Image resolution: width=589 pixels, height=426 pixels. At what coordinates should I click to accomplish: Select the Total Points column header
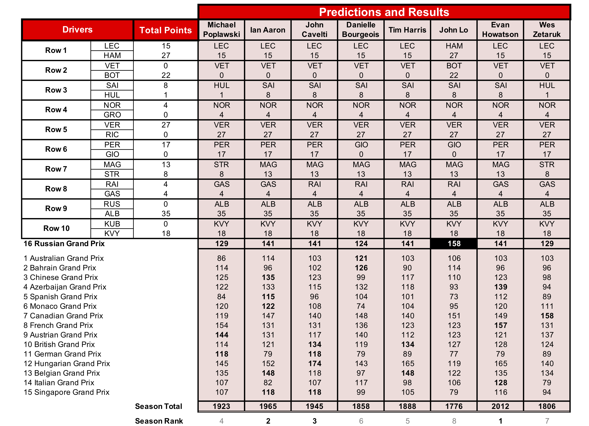point(165,30)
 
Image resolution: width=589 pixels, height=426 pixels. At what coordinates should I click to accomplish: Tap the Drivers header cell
point(77,30)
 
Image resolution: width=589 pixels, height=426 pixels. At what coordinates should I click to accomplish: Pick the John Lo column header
point(453,30)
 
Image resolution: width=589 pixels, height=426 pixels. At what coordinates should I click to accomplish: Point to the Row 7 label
point(56,169)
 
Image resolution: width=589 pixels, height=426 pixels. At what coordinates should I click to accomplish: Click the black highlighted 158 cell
point(454,244)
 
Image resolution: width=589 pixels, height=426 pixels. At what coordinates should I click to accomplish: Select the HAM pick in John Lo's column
point(454,46)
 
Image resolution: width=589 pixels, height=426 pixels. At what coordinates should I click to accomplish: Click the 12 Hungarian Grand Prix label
point(67,364)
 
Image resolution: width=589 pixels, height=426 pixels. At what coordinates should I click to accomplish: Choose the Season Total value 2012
point(500,407)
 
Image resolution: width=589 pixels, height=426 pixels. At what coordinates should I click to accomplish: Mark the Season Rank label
point(159,421)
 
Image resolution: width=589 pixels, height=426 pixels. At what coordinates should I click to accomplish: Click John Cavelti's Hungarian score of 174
point(315,364)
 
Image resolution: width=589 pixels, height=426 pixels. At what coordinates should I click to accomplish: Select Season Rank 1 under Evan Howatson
point(500,421)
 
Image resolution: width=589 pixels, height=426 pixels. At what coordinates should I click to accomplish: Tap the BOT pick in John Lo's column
point(454,66)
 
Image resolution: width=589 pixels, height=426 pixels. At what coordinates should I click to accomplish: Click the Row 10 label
point(56,228)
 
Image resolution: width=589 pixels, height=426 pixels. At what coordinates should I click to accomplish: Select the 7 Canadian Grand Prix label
point(63,316)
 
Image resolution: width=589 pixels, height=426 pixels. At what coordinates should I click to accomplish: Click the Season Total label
point(158,407)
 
